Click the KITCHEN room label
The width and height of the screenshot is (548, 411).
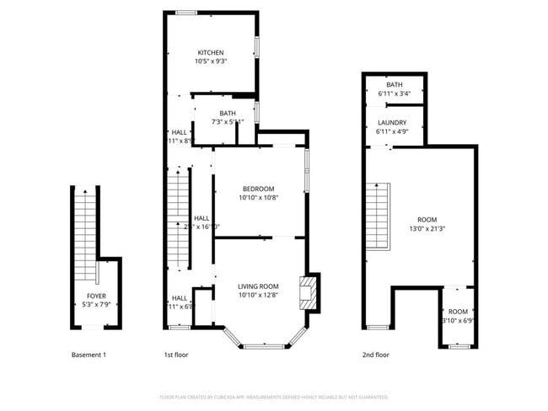tap(210, 52)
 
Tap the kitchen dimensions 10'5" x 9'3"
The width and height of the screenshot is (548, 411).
tap(210, 61)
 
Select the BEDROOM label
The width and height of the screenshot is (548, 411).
tap(258, 189)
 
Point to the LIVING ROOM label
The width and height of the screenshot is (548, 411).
tap(257, 286)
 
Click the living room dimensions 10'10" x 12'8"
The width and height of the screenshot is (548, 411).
tap(257, 296)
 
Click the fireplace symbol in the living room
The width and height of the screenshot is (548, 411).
tap(307, 291)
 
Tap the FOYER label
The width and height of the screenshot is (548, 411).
tap(96, 296)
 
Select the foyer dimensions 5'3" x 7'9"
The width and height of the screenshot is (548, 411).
tap(96, 305)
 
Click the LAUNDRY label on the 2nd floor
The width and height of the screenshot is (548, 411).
tap(391, 123)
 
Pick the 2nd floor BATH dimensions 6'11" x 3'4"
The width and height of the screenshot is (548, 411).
tap(394, 93)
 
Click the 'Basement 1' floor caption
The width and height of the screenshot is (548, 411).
tap(89, 355)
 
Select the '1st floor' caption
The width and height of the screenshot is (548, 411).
tap(175, 355)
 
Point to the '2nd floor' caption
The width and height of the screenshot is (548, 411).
tap(376, 355)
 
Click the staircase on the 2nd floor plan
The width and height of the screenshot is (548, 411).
tap(377, 216)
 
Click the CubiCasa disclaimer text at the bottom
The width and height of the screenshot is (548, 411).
tap(273, 396)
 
